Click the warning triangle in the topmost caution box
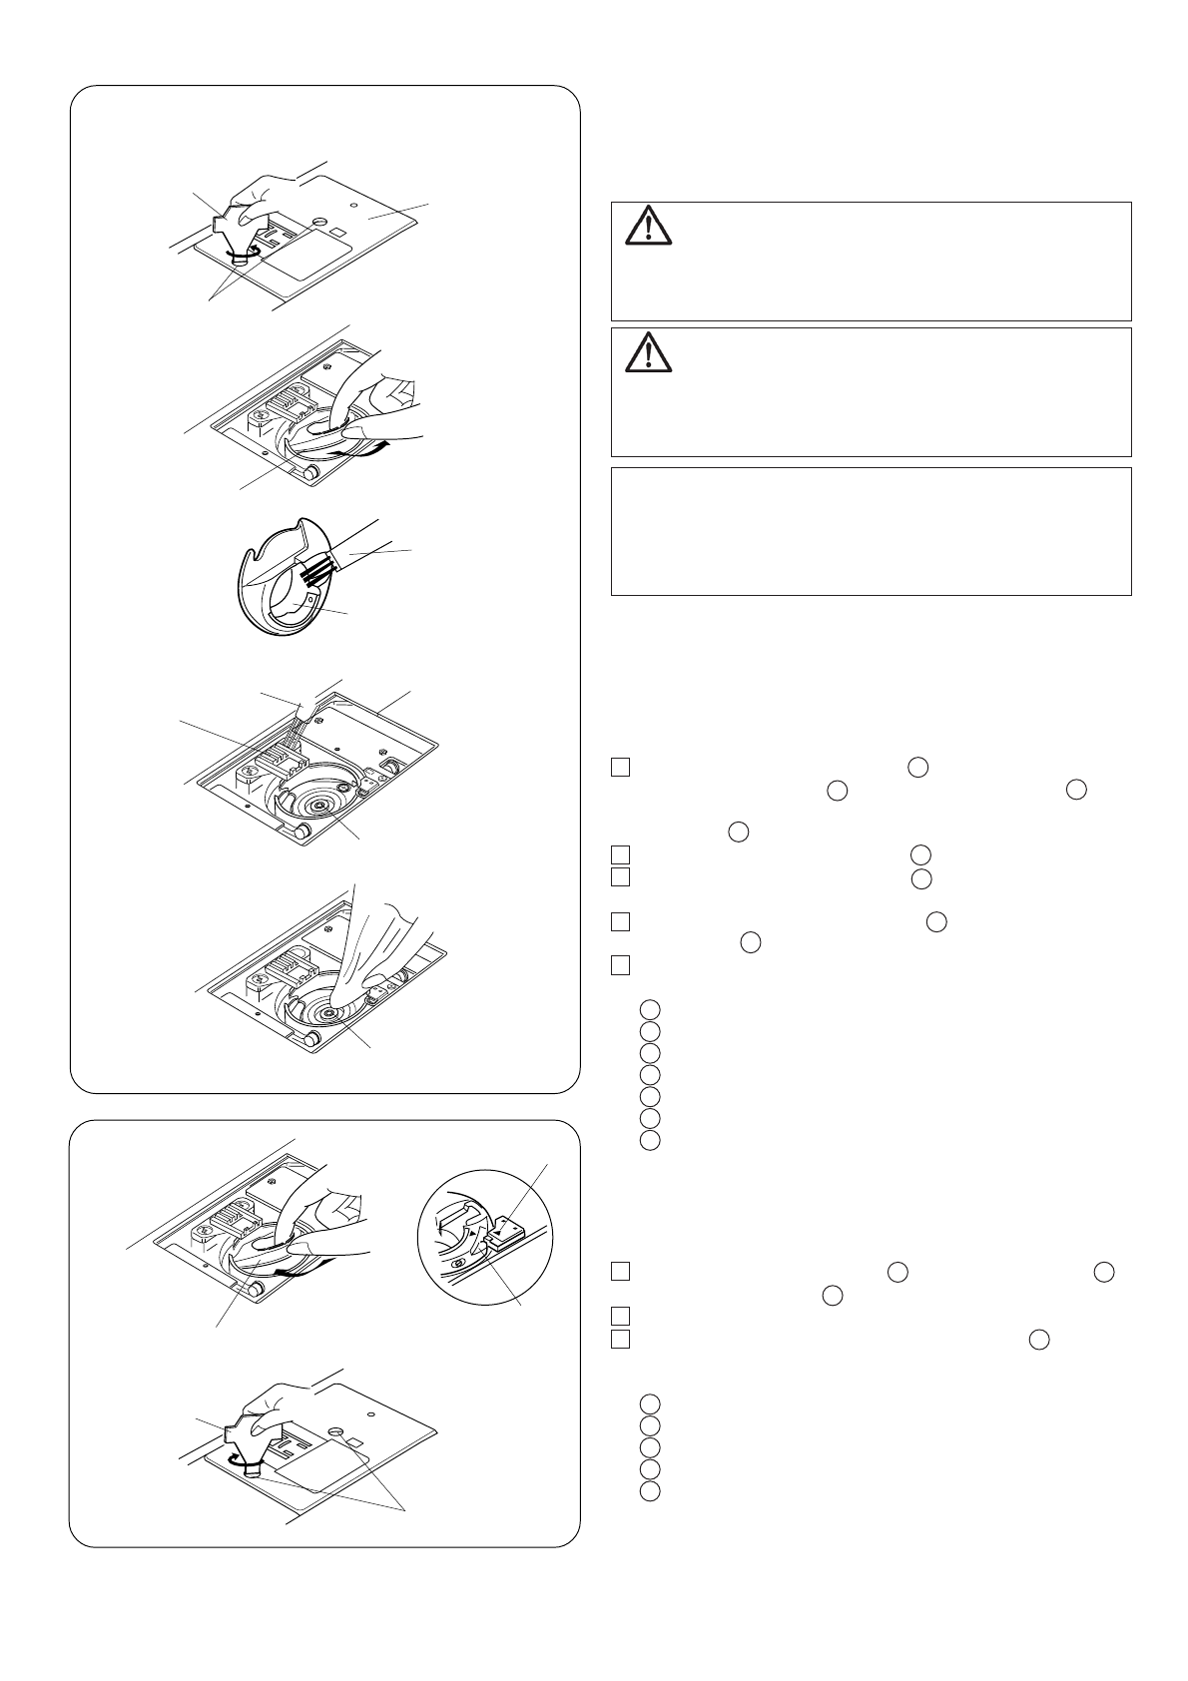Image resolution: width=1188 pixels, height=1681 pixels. tap(649, 227)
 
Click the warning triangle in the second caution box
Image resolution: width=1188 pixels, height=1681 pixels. tap(649, 352)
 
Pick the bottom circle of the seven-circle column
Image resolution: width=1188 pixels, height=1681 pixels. tap(650, 1140)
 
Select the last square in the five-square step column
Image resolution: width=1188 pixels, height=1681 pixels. tap(620, 965)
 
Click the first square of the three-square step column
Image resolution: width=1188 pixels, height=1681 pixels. tap(620, 1271)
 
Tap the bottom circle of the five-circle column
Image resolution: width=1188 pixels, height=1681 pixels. tap(650, 1491)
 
